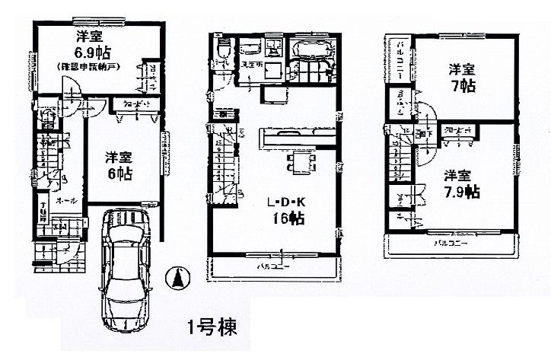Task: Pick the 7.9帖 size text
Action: click(461, 190)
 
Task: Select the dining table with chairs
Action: click(302, 162)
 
